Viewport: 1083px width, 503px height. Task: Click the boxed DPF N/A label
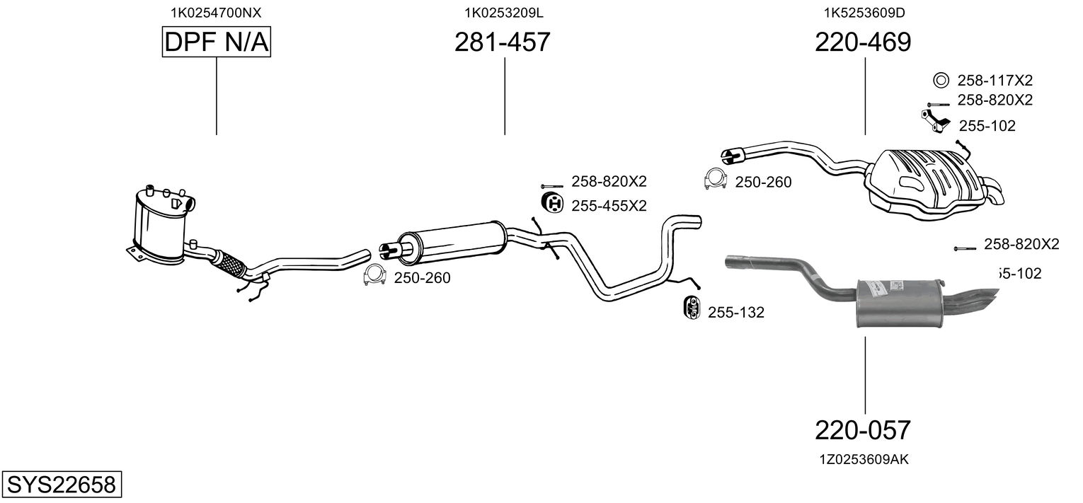[216, 43]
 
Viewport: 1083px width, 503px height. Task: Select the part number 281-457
[502, 43]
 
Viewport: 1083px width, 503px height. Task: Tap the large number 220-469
[863, 43]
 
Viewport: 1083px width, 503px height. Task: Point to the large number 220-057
[863, 429]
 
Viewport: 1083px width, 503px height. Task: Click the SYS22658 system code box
[61, 485]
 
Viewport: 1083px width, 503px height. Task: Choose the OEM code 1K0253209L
[504, 12]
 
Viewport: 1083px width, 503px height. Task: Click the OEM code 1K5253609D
[864, 12]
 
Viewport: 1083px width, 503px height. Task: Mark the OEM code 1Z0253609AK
[864, 460]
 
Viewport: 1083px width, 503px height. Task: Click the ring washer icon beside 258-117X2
[941, 80]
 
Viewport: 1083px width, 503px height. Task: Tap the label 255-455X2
[609, 206]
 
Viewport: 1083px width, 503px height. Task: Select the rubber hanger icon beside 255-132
[691, 309]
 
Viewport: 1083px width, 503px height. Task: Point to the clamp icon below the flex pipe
[374, 276]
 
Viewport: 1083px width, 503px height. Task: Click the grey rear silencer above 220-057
[900, 303]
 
